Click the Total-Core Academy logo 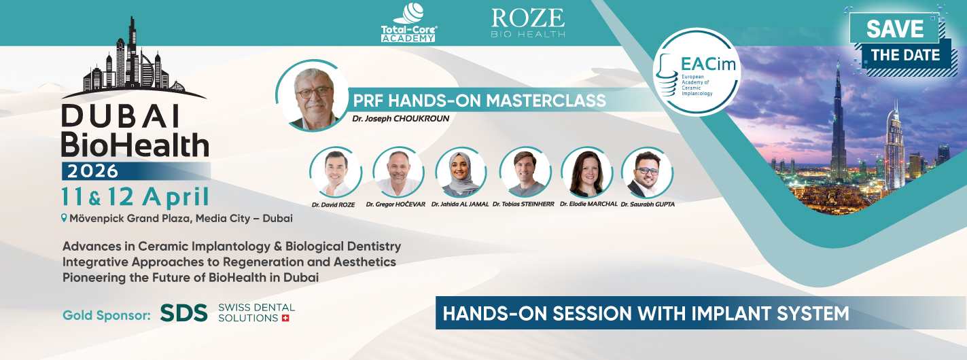click(x=408, y=22)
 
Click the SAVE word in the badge click(x=894, y=29)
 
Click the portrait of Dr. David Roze click(x=335, y=173)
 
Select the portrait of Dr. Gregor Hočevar click(x=398, y=173)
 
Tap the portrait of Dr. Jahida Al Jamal click(x=461, y=173)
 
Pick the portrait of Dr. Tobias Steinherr click(x=525, y=173)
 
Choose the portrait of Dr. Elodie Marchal click(x=586, y=173)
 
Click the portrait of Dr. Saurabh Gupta click(x=647, y=173)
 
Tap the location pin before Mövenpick click(x=65, y=219)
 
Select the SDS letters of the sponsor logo click(x=183, y=312)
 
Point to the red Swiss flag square click(x=285, y=318)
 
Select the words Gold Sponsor click(x=106, y=315)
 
